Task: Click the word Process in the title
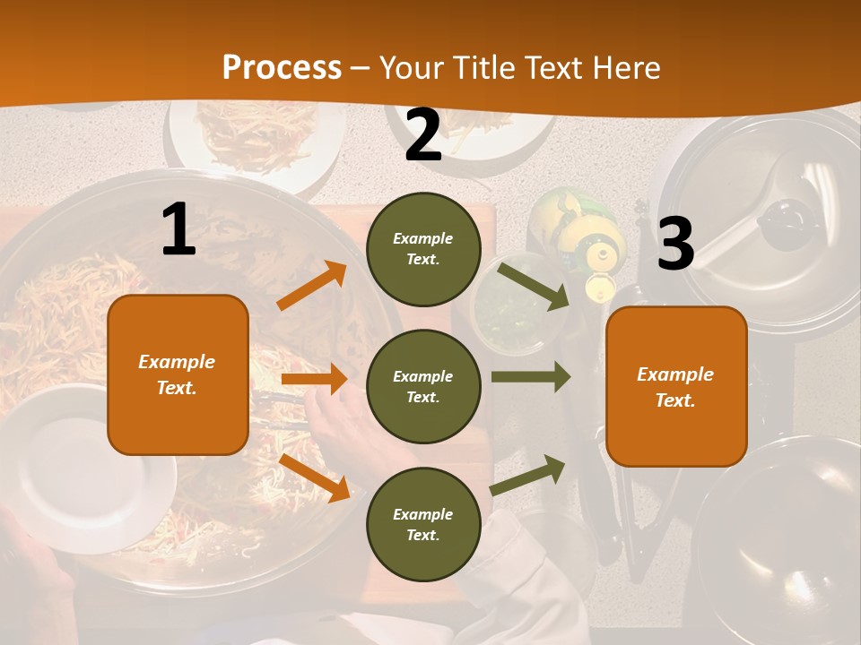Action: (282, 67)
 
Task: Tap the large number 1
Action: (178, 230)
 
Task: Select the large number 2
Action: (423, 136)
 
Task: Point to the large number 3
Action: (676, 245)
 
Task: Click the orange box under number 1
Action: (178, 374)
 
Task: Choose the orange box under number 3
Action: (676, 386)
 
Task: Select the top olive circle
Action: (423, 249)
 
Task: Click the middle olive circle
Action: (423, 386)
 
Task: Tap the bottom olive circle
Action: (423, 524)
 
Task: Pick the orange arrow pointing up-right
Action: (312, 286)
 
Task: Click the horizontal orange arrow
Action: (314, 380)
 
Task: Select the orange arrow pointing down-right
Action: (314, 477)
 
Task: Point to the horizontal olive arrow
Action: (531, 377)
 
